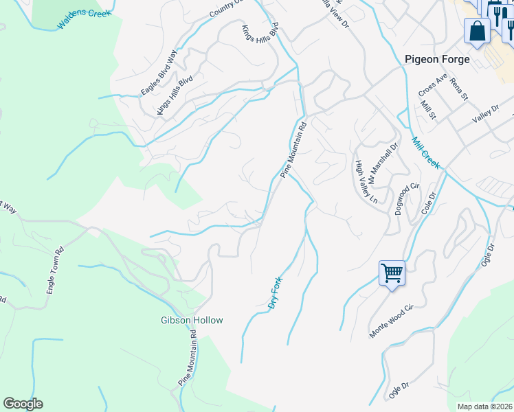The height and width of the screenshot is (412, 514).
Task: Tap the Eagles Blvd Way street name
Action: (x=159, y=73)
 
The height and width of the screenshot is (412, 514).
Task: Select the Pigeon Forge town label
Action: (x=437, y=59)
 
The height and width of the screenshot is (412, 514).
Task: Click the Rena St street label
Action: (x=458, y=89)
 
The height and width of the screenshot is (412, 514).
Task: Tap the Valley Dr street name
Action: (x=485, y=113)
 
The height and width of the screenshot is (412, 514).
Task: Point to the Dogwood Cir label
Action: (x=407, y=199)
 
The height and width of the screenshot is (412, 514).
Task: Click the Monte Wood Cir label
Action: (x=393, y=322)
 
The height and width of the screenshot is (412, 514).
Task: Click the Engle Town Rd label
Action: (x=55, y=270)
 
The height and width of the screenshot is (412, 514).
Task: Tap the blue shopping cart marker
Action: (x=392, y=273)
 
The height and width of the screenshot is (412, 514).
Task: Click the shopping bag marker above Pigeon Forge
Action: (x=476, y=31)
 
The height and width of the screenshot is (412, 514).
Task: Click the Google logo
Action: (x=23, y=404)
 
